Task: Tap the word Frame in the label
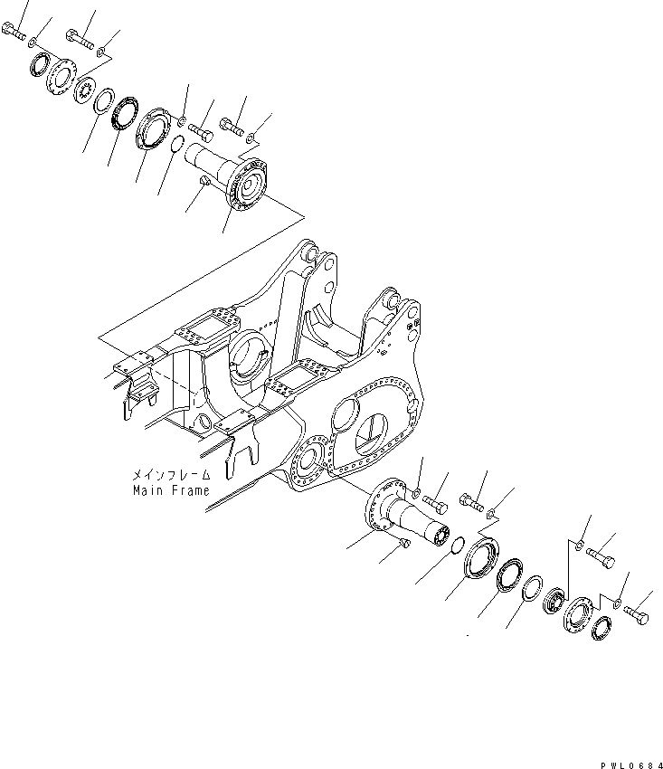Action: (189, 491)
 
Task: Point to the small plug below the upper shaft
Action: (204, 184)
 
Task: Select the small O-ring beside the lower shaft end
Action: (459, 543)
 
